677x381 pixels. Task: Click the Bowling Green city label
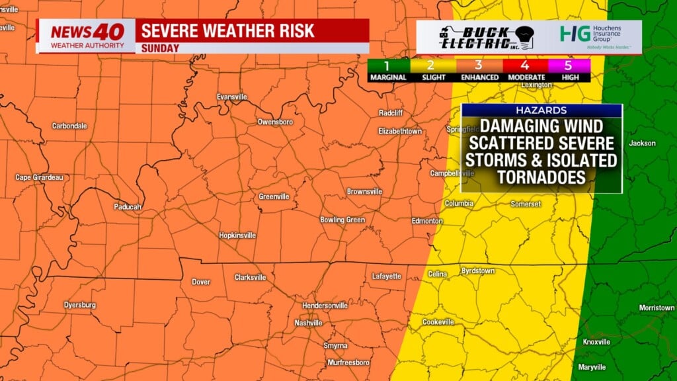(342, 220)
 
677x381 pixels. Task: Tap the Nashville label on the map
(308, 323)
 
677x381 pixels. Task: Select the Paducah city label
(127, 206)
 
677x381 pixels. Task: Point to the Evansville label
(232, 97)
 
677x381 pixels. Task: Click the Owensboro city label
(275, 122)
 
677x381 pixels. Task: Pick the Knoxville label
(596, 342)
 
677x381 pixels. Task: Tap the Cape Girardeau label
(39, 177)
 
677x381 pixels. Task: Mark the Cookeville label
(438, 322)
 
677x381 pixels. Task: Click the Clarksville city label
(251, 278)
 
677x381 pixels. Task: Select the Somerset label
(526, 204)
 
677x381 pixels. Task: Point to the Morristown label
(657, 308)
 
